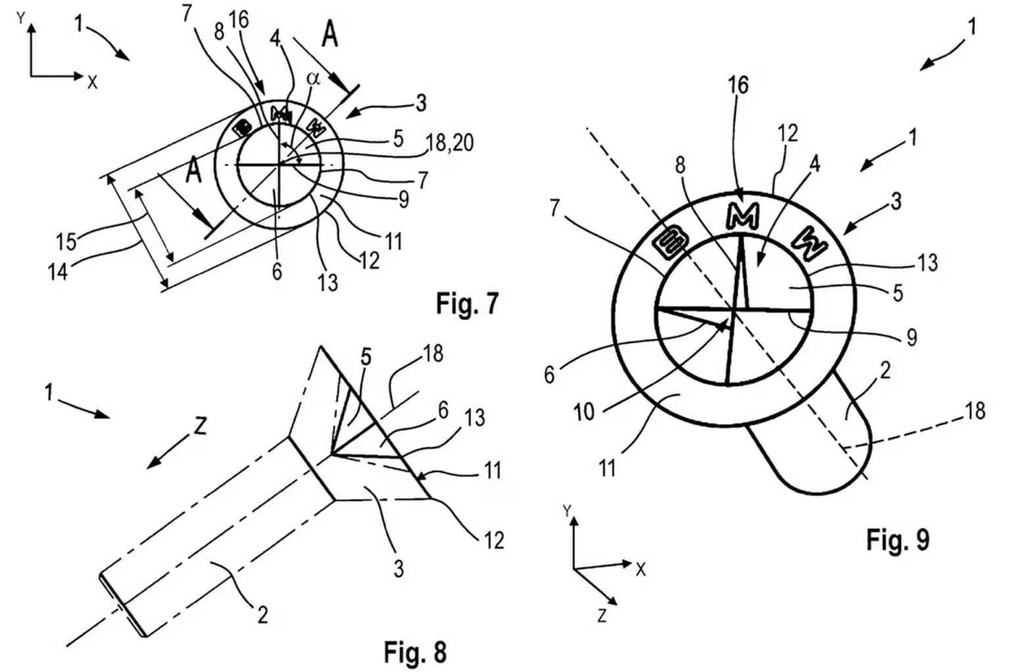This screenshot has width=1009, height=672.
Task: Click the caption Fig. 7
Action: click(467, 304)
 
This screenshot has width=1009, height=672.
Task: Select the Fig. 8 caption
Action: click(415, 652)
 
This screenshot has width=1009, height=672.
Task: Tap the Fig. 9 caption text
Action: click(897, 539)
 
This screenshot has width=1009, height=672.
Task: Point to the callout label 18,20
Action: click(450, 144)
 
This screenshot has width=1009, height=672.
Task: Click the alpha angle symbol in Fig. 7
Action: click(313, 78)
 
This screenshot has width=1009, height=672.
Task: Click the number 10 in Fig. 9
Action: click(583, 411)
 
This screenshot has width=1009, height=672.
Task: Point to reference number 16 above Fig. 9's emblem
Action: click(738, 85)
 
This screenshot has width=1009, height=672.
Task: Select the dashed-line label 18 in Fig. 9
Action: click(975, 411)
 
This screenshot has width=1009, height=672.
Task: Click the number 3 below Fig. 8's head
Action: click(398, 568)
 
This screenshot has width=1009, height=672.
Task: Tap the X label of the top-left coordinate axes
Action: click(93, 81)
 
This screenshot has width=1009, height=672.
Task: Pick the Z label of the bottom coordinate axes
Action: click(602, 616)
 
